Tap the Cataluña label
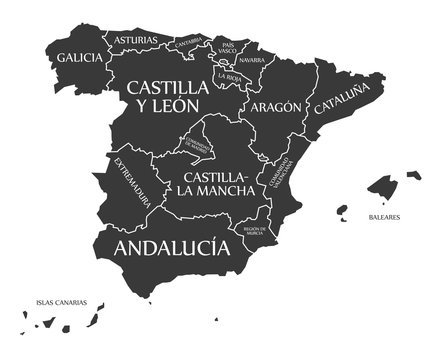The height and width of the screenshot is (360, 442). pos(340,102)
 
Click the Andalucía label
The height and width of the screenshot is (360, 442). pos(165,247)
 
